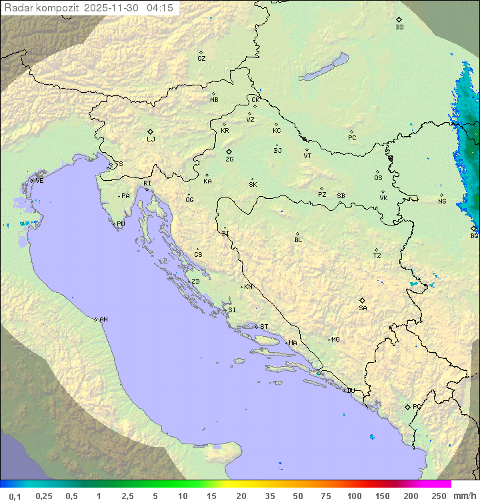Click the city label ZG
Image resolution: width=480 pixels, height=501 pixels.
pyautogui.click(x=229, y=159)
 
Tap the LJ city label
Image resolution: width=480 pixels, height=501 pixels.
pyautogui.click(x=151, y=139)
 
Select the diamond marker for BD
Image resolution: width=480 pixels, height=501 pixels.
pyautogui.click(x=399, y=19)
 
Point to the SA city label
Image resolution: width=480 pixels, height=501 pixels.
pyautogui.click(x=363, y=308)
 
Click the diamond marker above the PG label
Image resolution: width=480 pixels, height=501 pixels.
pyautogui.click(x=407, y=406)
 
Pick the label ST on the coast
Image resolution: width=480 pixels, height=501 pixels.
pyautogui.click(x=264, y=327)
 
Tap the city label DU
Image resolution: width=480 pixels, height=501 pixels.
pyautogui.click(x=350, y=391)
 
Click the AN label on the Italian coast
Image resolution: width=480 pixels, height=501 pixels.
pyautogui.click(x=103, y=320)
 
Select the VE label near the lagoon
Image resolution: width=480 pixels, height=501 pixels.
pyautogui.click(x=39, y=181)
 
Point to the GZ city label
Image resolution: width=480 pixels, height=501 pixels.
pyautogui.click(x=201, y=59)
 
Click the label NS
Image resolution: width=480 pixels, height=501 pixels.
pyautogui.click(x=442, y=201)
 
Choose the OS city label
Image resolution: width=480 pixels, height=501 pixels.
pyautogui.click(x=378, y=178)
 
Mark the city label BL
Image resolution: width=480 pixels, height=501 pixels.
pyautogui.click(x=298, y=239)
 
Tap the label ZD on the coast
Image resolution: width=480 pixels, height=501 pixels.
pyautogui.click(x=195, y=282)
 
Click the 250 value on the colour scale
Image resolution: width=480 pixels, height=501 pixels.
pyautogui.click(x=439, y=496)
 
